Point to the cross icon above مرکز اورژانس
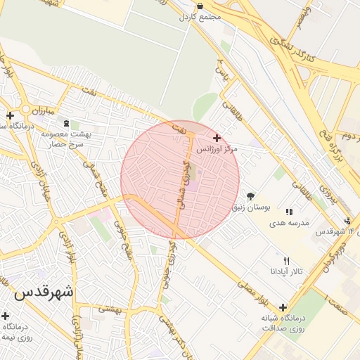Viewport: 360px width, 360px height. click(217, 139)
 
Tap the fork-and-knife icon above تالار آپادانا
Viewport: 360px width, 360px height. click(286, 261)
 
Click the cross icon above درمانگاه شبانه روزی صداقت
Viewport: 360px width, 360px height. click(283, 307)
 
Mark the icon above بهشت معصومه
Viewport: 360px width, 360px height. click(75, 124)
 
